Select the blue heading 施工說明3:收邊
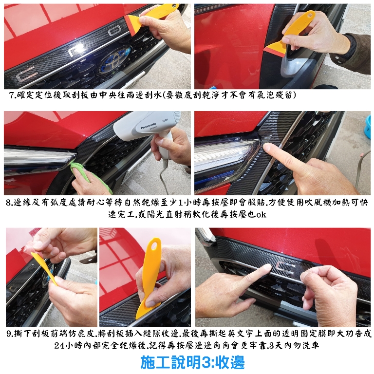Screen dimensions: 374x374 click(x=192, y=362)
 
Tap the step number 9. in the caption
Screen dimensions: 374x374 click(x=10, y=334)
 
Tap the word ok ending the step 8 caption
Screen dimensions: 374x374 click(x=261, y=214)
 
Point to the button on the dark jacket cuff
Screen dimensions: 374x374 click(x=337, y=57)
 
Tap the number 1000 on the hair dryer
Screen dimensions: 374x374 click(x=165, y=120)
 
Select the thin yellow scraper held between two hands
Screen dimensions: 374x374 click(x=45, y=269)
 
